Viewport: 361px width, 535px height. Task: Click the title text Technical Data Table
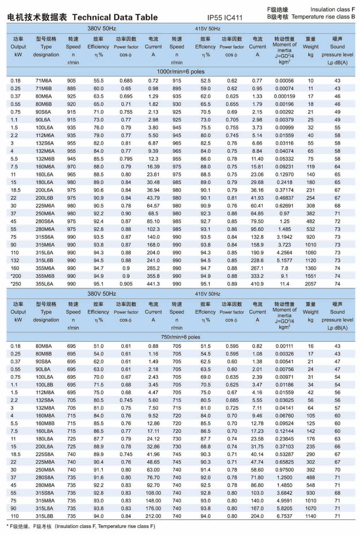(115, 17)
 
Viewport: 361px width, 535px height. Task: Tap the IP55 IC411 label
(225, 18)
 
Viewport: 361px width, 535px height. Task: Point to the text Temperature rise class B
(323, 17)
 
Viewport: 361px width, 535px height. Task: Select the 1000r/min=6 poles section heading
(180, 71)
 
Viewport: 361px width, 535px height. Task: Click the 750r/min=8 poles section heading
(180, 337)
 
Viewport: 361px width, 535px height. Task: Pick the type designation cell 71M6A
(44, 81)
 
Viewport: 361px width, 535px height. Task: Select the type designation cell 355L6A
(44, 284)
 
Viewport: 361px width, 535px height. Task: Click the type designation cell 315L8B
(44, 516)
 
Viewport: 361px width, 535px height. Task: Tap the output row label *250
(16, 284)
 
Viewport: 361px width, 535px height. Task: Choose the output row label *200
(16, 276)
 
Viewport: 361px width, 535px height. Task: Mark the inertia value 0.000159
(284, 96)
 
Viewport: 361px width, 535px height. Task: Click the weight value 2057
(310, 284)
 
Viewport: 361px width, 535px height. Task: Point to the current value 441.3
(153, 284)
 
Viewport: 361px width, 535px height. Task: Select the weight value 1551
(310, 276)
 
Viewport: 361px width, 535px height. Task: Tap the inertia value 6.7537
(284, 516)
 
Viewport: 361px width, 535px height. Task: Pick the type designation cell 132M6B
(45, 159)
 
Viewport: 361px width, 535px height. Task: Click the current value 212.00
(153, 516)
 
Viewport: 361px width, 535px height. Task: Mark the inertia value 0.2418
(284, 182)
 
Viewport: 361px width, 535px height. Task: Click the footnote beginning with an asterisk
(81, 526)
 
